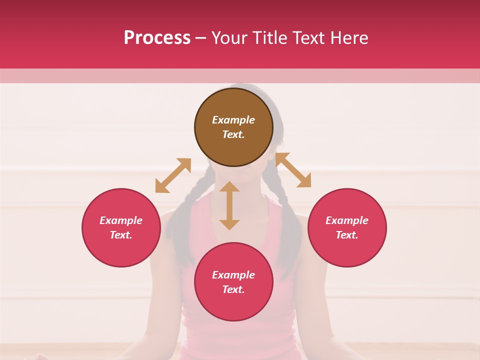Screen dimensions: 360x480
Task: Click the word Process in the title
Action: point(157,38)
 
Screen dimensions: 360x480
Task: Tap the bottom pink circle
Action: point(233,305)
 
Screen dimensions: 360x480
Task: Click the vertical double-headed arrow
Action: point(229,205)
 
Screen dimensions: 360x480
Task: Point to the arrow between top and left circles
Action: point(173,175)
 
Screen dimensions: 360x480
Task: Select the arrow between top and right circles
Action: point(293,170)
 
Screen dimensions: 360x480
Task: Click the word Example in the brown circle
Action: point(233,120)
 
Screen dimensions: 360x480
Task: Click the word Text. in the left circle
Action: point(121,235)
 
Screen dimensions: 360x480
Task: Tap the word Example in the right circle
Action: point(347,220)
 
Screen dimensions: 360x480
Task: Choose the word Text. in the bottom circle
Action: point(233,289)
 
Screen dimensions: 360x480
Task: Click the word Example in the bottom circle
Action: point(233,275)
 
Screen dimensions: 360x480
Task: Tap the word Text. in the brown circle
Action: point(233,134)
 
